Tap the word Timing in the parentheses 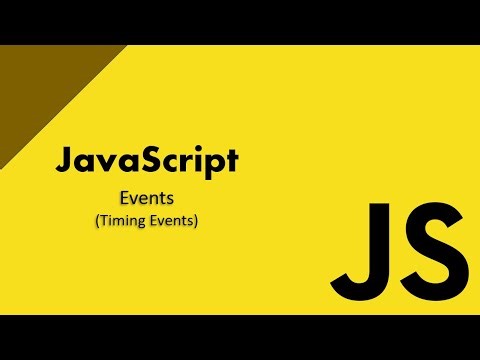[121, 221]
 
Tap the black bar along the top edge [240, 22]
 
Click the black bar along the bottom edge [240, 337]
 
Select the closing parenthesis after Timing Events [196, 221]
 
